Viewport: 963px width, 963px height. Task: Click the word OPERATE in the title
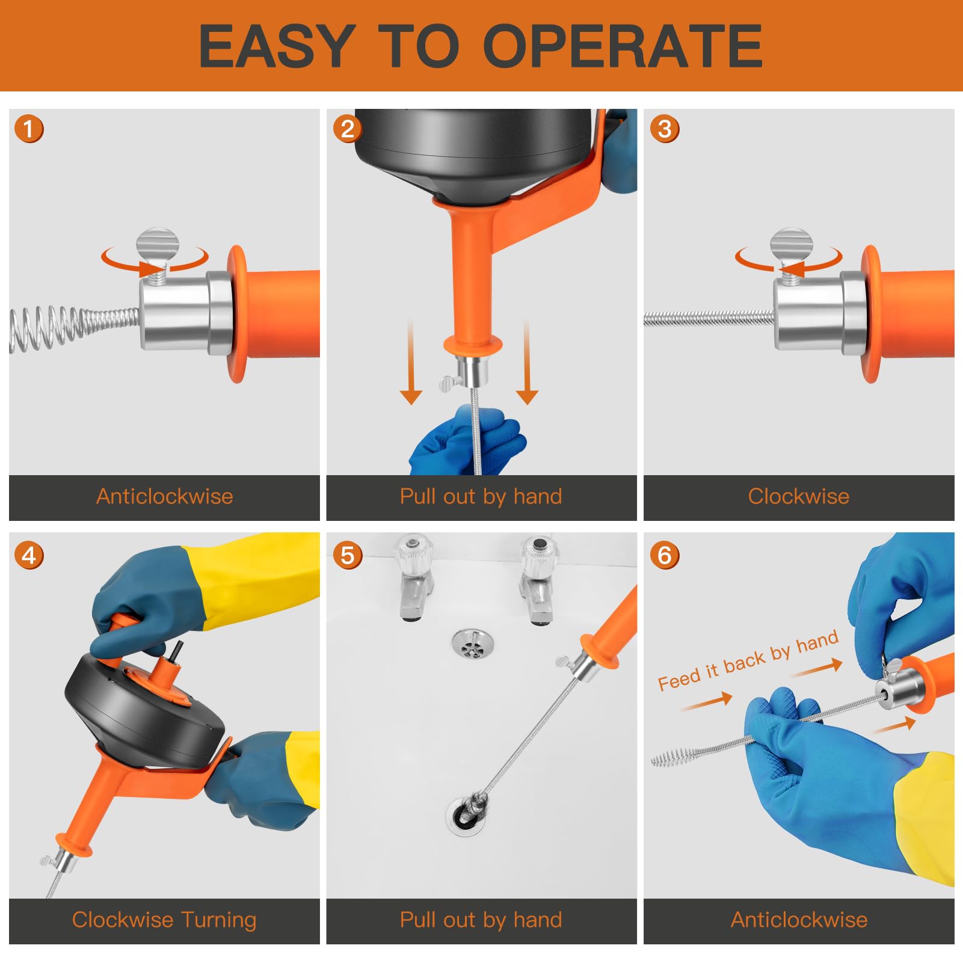pos(623,46)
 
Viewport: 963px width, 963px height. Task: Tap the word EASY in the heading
pos(277,46)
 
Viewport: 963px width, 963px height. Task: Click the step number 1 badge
pos(29,129)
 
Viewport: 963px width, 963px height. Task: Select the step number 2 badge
pos(347,129)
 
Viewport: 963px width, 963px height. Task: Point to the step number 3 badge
pos(665,129)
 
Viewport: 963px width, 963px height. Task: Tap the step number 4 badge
pos(29,555)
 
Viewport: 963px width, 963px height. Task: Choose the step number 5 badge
pos(347,555)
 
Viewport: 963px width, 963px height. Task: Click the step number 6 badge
pos(665,555)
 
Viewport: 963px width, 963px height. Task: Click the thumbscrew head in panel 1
pos(158,244)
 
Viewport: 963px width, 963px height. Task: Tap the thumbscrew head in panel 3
pos(791,244)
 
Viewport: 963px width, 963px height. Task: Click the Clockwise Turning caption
pos(164,920)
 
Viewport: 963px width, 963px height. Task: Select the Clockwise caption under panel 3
pos(799,496)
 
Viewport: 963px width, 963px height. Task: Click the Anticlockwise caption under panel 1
pos(165,496)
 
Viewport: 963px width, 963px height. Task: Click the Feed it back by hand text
pos(748,660)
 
